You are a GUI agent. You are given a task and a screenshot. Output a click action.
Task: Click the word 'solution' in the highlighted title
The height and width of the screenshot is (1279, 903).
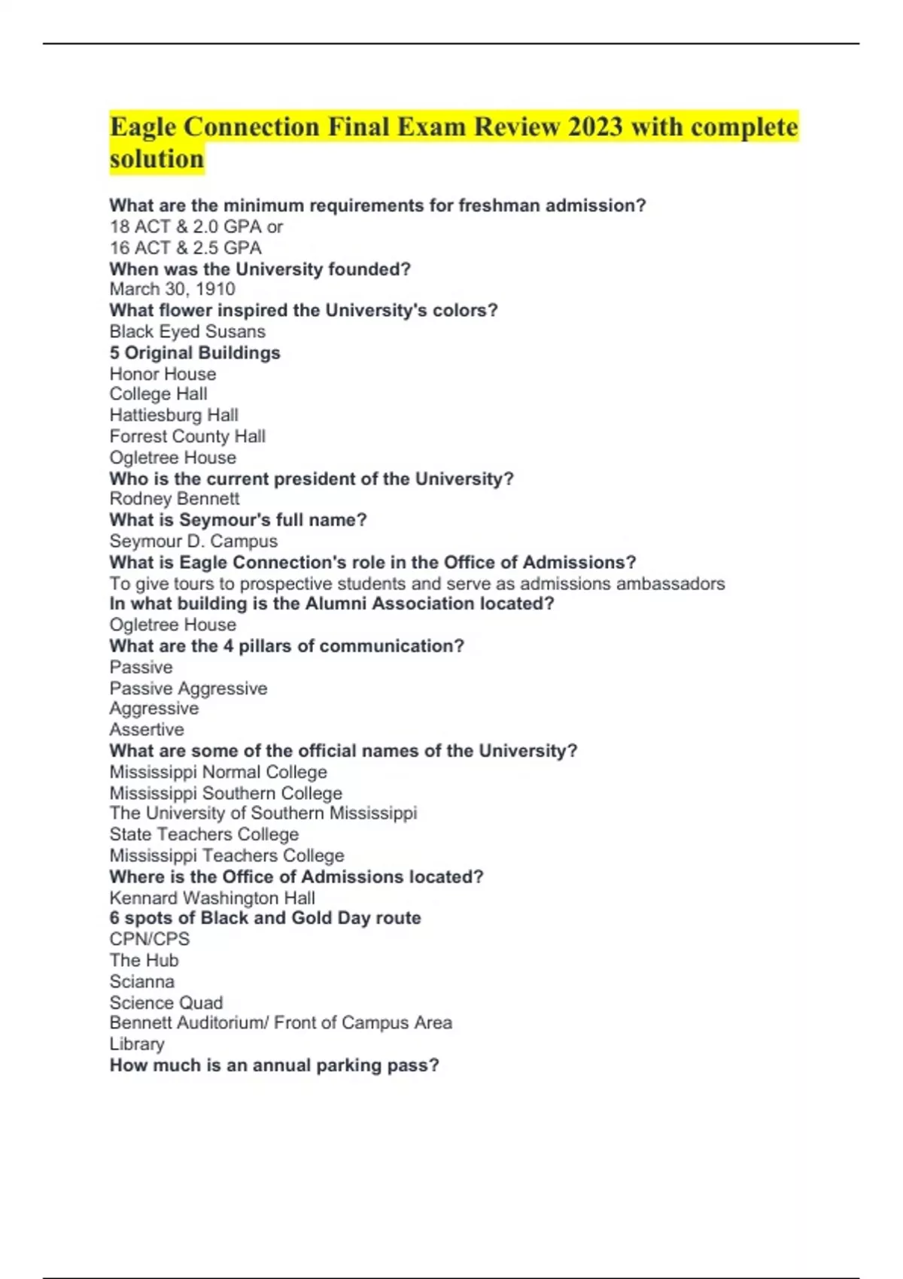[157, 159]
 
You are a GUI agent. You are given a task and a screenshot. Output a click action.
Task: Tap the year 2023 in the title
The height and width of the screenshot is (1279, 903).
[595, 126]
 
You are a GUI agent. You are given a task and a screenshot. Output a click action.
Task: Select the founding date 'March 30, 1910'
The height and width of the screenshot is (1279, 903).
[172, 290]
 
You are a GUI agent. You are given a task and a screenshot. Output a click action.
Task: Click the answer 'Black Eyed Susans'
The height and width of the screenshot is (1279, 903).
[187, 332]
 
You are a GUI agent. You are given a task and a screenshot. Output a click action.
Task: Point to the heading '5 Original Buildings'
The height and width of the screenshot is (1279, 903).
[195, 353]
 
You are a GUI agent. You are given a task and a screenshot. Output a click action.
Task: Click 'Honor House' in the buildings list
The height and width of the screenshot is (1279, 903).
[163, 374]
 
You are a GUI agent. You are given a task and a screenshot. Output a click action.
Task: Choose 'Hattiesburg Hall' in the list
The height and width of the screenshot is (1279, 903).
[174, 415]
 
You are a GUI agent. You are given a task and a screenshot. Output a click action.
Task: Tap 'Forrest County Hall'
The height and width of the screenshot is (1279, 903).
[187, 436]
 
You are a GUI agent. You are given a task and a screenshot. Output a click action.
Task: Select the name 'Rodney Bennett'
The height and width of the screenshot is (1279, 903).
[175, 499]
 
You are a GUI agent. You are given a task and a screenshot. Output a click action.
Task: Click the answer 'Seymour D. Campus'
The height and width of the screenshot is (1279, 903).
[193, 541]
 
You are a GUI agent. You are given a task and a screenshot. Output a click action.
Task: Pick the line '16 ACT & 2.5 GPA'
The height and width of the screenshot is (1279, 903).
[186, 248]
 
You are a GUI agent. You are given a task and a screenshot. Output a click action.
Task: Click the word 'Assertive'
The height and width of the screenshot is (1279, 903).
[147, 730]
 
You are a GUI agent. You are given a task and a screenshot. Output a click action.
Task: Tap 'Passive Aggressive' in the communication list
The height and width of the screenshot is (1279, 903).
[188, 688]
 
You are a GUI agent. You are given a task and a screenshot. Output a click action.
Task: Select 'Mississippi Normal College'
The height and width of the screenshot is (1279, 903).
[218, 772]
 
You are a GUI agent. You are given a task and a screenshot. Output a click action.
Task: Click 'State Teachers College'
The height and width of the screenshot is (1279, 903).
[204, 834]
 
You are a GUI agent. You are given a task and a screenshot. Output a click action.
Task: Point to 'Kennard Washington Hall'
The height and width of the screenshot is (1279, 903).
[212, 898]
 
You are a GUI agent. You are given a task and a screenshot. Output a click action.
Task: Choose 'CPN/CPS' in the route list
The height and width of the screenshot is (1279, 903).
[150, 939]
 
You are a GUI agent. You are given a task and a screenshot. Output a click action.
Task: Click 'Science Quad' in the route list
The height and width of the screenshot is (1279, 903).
[166, 1003]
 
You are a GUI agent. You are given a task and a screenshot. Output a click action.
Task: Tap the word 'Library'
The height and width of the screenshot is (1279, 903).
[137, 1044]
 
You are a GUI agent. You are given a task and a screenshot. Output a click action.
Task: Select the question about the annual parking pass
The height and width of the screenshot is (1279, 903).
[274, 1065]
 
